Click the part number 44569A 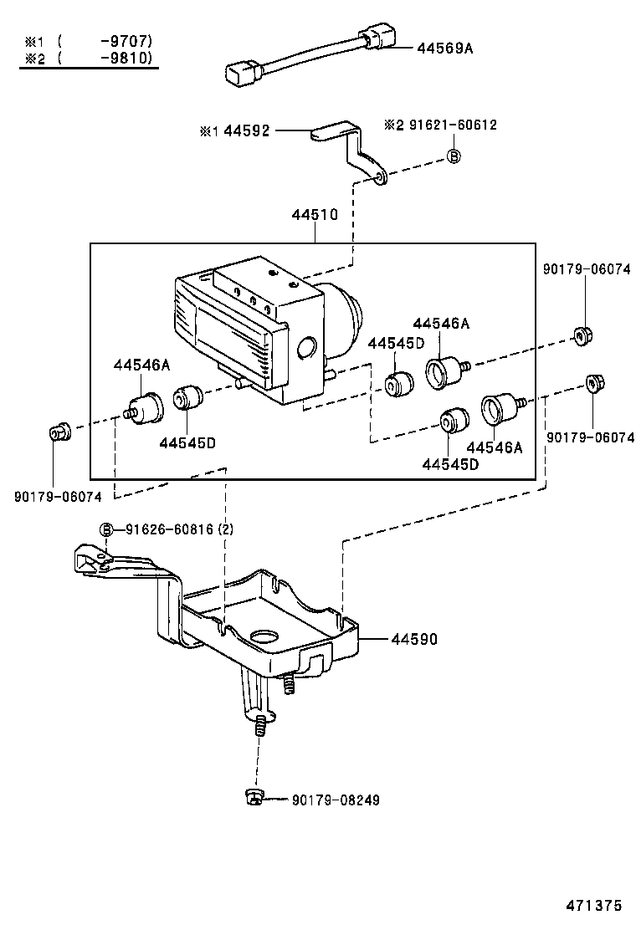point(445,49)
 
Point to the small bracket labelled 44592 point(352,151)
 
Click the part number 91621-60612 point(452,125)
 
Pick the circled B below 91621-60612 point(453,156)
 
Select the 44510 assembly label point(315,215)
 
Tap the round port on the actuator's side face point(307,349)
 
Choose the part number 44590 point(413,639)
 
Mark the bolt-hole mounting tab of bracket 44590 point(91,559)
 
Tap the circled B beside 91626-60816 point(106,529)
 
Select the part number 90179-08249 point(336,800)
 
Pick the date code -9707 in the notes point(126,39)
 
